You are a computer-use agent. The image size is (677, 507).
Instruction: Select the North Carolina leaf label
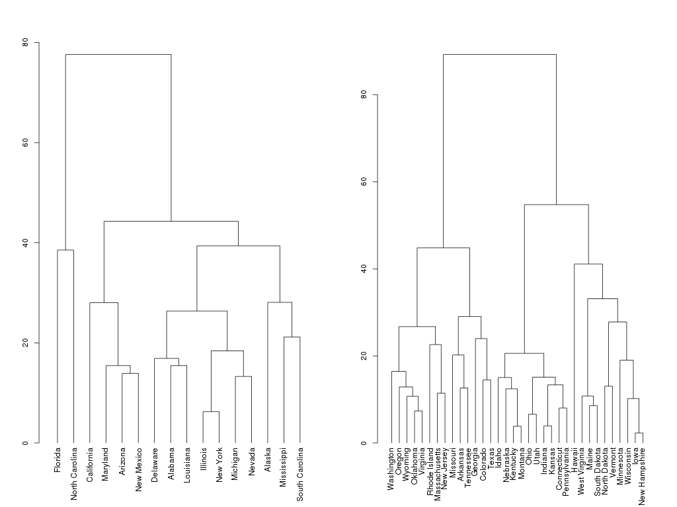tap(73, 473)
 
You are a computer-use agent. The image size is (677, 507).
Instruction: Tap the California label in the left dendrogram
tap(90, 464)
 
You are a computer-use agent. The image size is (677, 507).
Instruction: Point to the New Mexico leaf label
tap(138, 469)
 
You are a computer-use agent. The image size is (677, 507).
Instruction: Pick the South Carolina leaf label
tap(299, 473)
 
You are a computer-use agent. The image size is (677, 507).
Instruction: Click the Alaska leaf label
tap(267, 459)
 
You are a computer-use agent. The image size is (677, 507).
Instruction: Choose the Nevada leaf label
tap(251, 460)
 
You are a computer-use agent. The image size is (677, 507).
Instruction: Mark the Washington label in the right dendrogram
tap(391, 470)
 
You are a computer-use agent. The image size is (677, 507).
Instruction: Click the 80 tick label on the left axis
tap(25, 42)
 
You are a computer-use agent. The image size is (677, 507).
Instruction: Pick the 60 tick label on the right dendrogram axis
tap(363, 182)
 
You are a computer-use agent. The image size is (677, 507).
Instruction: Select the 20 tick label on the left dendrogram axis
tap(25, 343)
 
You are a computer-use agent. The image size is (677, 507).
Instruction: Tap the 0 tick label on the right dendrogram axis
tap(363, 443)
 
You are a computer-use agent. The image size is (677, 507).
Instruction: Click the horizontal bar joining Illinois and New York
tap(210, 412)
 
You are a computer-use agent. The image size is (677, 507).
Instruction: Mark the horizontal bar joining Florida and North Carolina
tap(65, 250)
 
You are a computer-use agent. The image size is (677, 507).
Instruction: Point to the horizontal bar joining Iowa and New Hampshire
tap(639, 433)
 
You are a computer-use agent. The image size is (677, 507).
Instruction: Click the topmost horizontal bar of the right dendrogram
tap(499, 54)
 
